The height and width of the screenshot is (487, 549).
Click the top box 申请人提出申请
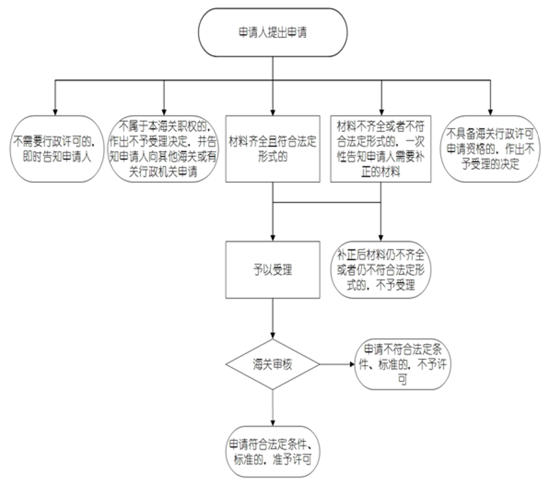pyautogui.click(x=273, y=32)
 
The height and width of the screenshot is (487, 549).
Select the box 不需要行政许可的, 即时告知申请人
pyautogui.click(x=57, y=149)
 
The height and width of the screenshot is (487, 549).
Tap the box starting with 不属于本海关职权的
pyautogui.click(x=163, y=149)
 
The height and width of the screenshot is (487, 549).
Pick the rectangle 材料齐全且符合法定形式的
pyautogui.click(x=273, y=149)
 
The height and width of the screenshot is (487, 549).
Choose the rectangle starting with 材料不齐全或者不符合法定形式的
pyautogui.click(x=381, y=149)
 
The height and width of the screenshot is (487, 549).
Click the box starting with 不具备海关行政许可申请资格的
pyautogui.click(x=490, y=149)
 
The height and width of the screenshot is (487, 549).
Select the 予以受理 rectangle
pyautogui.click(x=273, y=270)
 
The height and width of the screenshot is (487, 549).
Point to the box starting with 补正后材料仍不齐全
pyautogui.click(x=381, y=270)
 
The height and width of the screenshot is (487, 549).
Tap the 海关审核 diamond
pyautogui.click(x=273, y=365)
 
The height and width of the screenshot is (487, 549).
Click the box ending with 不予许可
pyautogui.click(x=403, y=365)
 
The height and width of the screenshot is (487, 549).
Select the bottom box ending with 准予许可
pyautogui.click(x=273, y=452)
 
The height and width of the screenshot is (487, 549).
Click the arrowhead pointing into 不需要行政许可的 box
pyautogui.click(x=55, y=112)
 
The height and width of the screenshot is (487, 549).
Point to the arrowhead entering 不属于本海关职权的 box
pyautogui.click(x=164, y=112)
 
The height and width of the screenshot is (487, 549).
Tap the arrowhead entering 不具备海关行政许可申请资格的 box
pyautogui.click(x=490, y=112)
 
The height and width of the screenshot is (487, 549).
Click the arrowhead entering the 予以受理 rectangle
pyautogui.click(x=273, y=238)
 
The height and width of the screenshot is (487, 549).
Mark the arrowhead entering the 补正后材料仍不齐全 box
pyautogui.click(x=381, y=238)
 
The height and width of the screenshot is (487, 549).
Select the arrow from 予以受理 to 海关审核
pyautogui.click(x=273, y=318)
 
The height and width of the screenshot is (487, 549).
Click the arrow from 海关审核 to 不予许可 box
pyautogui.click(x=337, y=365)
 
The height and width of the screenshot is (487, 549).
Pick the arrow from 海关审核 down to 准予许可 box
pyautogui.click(x=273, y=408)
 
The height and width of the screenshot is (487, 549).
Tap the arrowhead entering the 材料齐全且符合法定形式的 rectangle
pyautogui.click(x=273, y=112)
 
